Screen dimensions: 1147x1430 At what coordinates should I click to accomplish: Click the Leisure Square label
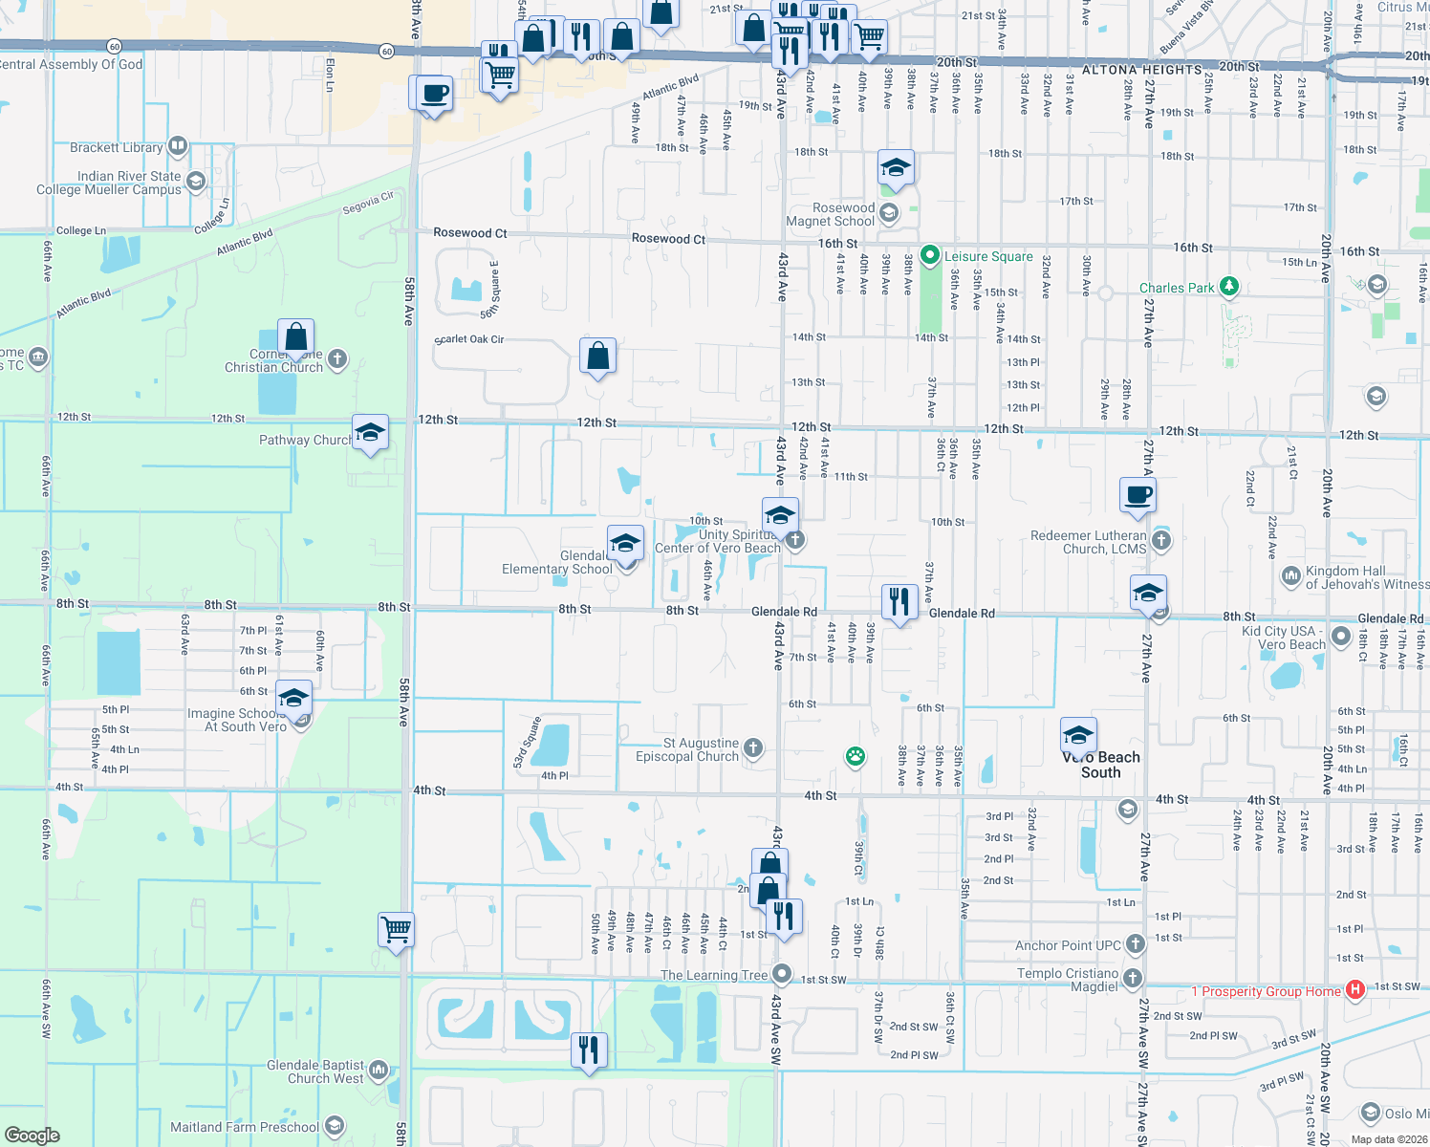(x=988, y=256)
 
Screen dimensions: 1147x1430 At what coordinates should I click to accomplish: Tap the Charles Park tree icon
(x=1229, y=287)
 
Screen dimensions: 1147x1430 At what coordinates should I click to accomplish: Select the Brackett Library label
(x=116, y=147)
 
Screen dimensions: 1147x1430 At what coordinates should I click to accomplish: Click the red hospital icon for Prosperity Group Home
(x=1354, y=990)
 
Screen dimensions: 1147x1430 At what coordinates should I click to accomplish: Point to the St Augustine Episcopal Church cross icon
(x=753, y=747)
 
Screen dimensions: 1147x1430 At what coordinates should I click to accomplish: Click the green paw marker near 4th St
(x=855, y=757)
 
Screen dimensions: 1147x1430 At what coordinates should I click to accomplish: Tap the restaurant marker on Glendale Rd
(x=899, y=602)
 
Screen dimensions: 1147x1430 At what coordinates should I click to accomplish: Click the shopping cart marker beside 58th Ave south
(x=396, y=928)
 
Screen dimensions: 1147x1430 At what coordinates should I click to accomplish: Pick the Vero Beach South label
(x=1101, y=765)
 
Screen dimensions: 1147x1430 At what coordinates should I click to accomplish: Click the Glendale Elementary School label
(x=556, y=562)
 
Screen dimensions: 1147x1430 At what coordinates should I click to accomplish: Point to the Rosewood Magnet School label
(x=830, y=214)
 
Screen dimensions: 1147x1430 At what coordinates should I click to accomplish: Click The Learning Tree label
(x=714, y=975)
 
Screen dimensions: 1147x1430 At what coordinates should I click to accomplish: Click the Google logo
(x=32, y=1135)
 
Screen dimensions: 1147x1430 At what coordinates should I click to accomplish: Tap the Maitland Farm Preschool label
(x=245, y=1127)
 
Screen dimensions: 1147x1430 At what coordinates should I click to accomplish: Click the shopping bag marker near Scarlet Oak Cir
(x=597, y=357)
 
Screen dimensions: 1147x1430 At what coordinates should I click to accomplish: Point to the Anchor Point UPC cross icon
(x=1135, y=944)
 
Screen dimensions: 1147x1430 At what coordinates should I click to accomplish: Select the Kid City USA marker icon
(x=1340, y=636)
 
